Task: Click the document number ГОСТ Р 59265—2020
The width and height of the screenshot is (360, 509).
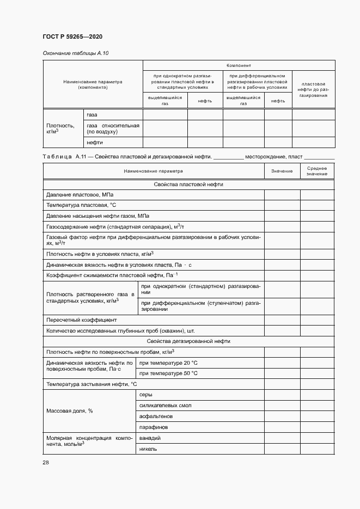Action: coord(72,37)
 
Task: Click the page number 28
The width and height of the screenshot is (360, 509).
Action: coord(46,462)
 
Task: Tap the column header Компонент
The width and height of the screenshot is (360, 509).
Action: coord(238,65)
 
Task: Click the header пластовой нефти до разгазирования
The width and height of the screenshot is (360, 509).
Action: coord(313,89)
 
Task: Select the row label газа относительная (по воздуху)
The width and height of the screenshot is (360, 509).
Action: coord(113,128)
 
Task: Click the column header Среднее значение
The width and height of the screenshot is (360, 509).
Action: coord(316,171)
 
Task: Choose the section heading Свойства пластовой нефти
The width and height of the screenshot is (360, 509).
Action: coord(188,185)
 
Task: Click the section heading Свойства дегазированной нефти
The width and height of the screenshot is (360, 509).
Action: coord(188,341)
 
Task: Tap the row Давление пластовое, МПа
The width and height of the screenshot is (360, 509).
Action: coord(80,195)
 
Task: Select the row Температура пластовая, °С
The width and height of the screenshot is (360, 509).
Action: coord(81,205)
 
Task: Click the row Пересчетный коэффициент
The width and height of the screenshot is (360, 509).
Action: coord(82,320)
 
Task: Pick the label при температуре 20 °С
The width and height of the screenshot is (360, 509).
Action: coord(168,363)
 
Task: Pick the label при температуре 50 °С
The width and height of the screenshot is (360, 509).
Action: coord(168,373)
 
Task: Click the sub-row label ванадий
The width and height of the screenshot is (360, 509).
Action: coord(150,438)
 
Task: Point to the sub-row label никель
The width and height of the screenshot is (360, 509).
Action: coord(148,449)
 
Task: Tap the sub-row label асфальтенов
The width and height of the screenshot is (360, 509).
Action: coord(155,416)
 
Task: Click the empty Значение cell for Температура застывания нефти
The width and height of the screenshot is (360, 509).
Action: coord(282,384)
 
